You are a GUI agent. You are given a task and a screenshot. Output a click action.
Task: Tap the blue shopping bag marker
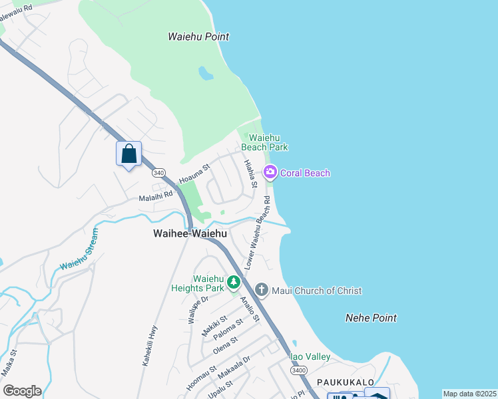click(129, 154)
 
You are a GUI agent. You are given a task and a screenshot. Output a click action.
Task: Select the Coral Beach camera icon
click(270, 173)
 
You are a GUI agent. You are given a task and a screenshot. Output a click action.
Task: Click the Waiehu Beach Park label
click(264, 142)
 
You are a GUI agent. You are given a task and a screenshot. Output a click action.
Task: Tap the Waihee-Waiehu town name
click(190, 234)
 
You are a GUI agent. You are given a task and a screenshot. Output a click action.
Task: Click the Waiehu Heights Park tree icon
click(233, 283)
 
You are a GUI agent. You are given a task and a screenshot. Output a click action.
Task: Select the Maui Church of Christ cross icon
click(262, 291)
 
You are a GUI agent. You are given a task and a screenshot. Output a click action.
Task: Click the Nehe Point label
click(371, 319)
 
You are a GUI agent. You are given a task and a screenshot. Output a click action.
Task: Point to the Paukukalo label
click(342, 383)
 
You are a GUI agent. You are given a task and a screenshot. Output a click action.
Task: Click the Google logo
click(22, 391)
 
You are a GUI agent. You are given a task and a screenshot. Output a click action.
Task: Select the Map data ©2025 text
click(469, 394)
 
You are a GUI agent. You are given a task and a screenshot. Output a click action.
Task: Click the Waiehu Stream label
click(79, 250)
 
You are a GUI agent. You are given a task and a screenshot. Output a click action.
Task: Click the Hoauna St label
click(194, 176)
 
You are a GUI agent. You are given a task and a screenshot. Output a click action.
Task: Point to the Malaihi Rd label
click(155, 196)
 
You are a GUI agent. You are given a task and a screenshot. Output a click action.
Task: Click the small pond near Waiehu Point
click(206, 72)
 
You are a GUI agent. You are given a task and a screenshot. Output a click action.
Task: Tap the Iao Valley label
click(310, 357)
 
